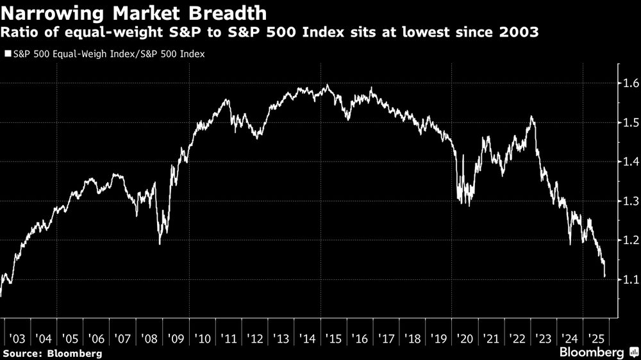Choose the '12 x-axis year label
(x=254, y=338)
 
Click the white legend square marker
(x=8, y=54)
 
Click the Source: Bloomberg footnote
(x=53, y=353)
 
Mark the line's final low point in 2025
(x=604, y=276)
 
